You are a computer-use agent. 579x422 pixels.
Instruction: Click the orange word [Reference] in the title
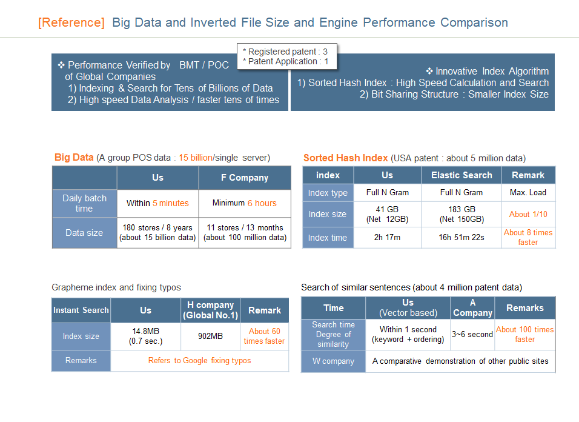tap(71, 22)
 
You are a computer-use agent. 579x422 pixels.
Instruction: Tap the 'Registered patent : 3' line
tap(285, 52)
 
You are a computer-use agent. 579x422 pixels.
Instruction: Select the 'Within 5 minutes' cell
tap(157, 203)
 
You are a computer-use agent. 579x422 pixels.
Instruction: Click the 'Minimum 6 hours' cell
tap(245, 203)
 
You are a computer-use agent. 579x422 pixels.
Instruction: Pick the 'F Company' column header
tap(245, 178)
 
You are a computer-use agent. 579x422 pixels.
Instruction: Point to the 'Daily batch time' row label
tap(84, 203)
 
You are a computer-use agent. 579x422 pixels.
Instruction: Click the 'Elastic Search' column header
tap(462, 175)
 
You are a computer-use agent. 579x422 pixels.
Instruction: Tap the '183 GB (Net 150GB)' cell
tap(462, 214)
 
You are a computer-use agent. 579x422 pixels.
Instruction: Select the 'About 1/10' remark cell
tap(528, 214)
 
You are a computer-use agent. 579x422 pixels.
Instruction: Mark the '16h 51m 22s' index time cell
tap(462, 238)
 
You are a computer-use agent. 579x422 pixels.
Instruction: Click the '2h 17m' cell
tap(387, 238)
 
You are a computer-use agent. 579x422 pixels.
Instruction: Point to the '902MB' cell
tap(210, 337)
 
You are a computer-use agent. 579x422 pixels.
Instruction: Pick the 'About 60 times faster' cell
tap(265, 337)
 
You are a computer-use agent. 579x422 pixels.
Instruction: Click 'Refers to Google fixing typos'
tap(199, 361)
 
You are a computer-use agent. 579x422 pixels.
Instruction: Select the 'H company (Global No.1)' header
tap(211, 310)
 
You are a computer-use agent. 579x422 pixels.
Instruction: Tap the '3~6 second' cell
tap(472, 335)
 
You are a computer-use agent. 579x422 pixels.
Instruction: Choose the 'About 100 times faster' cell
tap(524, 335)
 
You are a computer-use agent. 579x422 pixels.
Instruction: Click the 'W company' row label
tap(333, 361)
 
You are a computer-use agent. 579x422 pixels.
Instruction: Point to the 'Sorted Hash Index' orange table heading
tap(346, 158)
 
